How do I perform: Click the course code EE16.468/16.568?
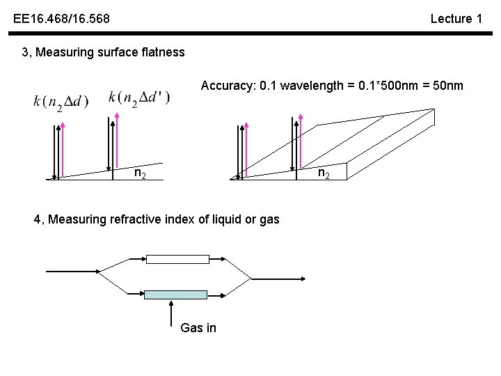(x=61, y=19)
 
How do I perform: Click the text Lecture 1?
(x=456, y=19)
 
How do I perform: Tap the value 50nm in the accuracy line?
(x=446, y=86)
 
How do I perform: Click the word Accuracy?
(x=226, y=86)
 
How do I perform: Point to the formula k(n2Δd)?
(x=61, y=102)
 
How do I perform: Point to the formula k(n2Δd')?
(x=139, y=97)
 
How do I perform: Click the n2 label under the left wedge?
(x=140, y=173)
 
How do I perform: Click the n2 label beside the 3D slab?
(x=324, y=173)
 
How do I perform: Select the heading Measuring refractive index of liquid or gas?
(x=157, y=219)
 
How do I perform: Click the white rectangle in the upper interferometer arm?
(x=177, y=259)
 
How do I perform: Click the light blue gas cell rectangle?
(x=175, y=295)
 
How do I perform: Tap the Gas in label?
(x=198, y=328)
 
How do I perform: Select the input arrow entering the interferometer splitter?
(x=73, y=270)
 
